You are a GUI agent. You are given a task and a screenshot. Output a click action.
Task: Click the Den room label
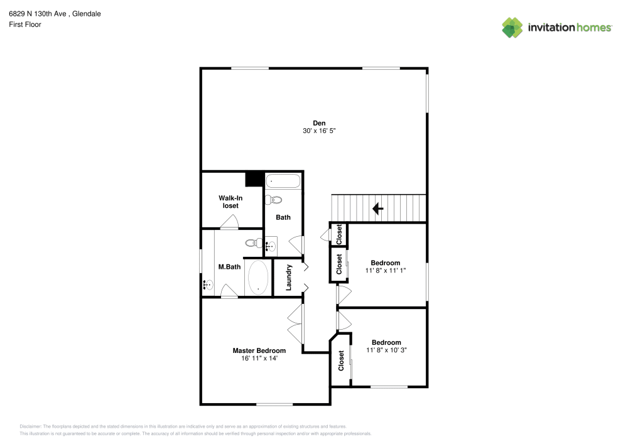coord(320,122)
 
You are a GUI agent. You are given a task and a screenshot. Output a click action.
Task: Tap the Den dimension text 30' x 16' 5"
coord(320,131)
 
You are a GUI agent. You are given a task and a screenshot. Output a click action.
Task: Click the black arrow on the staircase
coord(377,208)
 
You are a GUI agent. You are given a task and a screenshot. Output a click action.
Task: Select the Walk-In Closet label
coord(230,202)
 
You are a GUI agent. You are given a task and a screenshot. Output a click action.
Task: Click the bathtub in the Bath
coord(283,182)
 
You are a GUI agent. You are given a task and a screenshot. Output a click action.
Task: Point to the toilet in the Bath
coord(273,200)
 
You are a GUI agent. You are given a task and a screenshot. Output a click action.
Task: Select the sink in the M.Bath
coord(208,285)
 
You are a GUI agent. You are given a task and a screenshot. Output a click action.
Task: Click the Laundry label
coord(290,277)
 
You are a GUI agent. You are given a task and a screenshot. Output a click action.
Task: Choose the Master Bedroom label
coord(259,350)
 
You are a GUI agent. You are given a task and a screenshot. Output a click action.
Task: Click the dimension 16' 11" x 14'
coord(259,359)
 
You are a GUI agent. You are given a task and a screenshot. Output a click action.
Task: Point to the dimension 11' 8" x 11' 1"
coord(385,271)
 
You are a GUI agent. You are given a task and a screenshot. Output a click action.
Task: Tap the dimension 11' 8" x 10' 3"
coord(386,350)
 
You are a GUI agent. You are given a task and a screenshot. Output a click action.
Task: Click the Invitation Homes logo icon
coord(512,27)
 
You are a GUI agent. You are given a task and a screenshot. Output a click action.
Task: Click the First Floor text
coord(25,24)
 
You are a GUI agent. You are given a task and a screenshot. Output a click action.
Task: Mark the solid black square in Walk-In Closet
coord(254,179)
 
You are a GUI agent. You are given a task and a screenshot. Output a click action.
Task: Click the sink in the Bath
coord(271,246)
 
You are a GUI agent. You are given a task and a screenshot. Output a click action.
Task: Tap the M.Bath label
coord(229,267)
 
